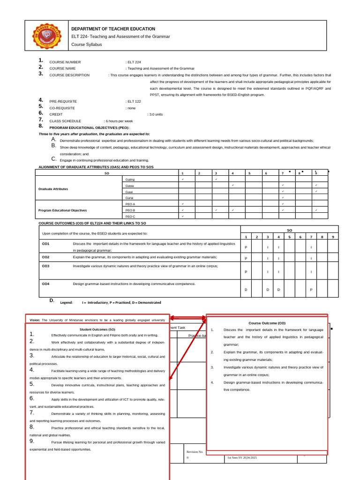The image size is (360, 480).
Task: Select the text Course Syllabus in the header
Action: [x=86, y=45]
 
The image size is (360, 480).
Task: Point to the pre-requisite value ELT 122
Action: [x=134, y=101]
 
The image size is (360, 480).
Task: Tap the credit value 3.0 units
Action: [x=155, y=114]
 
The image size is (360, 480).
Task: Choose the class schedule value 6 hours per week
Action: [x=119, y=121]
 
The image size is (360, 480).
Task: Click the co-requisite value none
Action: [x=131, y=108]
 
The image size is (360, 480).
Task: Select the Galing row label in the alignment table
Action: [x=130, y=180]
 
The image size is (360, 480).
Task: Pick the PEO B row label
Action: [x=130, y=210]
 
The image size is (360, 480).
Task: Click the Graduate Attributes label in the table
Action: [x=53, y=189]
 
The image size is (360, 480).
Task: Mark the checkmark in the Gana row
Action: [x=283, y=198]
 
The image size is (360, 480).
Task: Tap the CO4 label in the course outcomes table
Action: [x=45, y=284]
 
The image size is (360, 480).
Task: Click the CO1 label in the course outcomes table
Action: [x=45, y=244]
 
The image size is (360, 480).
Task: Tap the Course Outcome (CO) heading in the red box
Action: [x=267, y=323]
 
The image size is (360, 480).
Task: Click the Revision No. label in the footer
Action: [x=195, y=452]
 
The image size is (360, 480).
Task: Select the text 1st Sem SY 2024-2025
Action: [x=242, y=457]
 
